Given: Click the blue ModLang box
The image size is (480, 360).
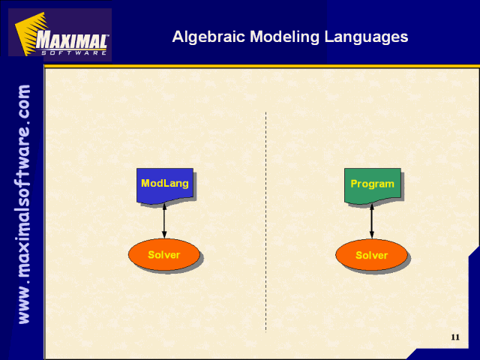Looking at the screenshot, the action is point(165,185).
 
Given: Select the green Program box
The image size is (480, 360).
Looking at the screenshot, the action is point(373,185).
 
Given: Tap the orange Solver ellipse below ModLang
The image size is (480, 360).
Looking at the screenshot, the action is point(164,254).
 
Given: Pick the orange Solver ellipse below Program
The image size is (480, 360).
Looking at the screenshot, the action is point(372,255).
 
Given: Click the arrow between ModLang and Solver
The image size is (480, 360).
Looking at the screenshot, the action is point(164,221).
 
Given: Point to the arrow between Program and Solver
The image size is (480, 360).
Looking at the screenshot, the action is point(372,221).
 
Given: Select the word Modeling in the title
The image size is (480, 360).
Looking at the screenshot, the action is point(285,37).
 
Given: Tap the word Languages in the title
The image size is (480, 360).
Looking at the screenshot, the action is point(366,37).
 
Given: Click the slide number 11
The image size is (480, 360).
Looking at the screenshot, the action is point(455,337).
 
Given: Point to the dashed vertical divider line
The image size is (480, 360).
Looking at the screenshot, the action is point(265,222).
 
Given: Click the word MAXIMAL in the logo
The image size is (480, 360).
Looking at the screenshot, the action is point(72,40).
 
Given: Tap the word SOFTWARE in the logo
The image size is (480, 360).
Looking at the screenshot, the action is point(73,52).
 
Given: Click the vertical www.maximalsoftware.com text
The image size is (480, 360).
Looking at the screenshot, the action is point(24,204).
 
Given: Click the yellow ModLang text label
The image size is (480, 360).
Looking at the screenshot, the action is point(165,183).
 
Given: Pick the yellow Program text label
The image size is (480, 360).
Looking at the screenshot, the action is point(372,184).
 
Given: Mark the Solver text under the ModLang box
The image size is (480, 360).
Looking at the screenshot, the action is point(163,255).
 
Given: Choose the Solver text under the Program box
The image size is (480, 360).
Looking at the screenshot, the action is point(372,255).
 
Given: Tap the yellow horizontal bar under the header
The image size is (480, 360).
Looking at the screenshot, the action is point(262,66).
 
